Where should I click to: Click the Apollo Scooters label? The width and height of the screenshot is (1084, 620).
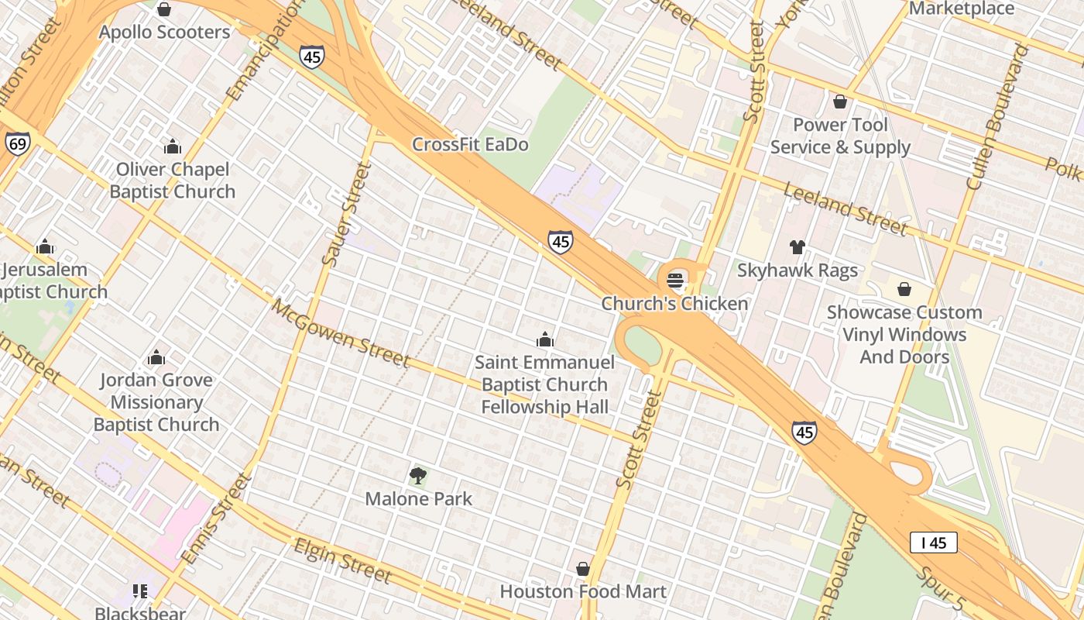(x=164, y=33)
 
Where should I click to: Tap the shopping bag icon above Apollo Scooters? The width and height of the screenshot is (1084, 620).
(x=164, y=9)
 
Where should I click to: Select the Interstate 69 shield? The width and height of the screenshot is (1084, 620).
(x=17, y=143)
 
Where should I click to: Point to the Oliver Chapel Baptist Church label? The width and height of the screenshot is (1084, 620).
(x=172, y=181)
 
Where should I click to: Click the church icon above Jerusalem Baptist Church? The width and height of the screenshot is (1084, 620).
(x=46, y=247)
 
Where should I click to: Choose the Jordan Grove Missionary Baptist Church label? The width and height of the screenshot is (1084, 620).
(x=156, y=402)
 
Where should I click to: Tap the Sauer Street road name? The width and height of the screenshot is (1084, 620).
(x=346, y=215)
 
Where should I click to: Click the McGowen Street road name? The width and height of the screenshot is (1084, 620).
(x=340, y=332)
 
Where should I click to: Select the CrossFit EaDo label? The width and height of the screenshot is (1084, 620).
(x=470, y=144)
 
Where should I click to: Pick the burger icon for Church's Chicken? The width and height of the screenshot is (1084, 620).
(x=675, y=280)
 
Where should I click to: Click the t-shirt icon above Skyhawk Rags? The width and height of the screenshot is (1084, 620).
(x=798, y=247)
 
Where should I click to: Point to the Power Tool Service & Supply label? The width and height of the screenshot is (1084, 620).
(x=840, y=136)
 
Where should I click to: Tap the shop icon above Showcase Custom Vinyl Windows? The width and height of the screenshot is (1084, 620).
(x=904, y=289)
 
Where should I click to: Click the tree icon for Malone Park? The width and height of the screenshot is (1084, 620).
(x=418, y=475)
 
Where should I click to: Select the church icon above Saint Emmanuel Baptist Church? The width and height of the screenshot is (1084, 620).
(x=545, y=339)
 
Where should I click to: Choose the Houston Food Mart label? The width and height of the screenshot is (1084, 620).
(x=583, y=591)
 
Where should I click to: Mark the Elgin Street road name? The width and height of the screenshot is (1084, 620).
(x=341, y=560)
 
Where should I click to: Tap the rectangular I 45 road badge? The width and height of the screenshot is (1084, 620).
(x=933, y=542)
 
